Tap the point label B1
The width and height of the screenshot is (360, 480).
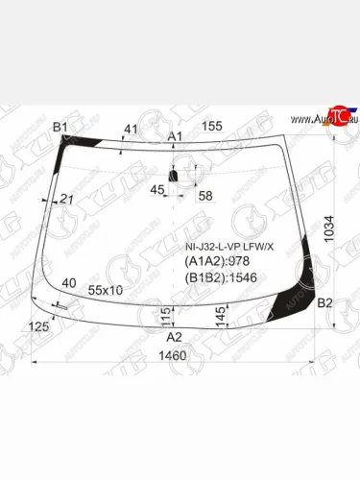coord(60,128)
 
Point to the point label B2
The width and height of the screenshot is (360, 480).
coord(324,303)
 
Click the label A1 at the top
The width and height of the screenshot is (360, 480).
coord(175,137)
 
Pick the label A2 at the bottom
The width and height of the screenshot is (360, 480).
coord(174,337)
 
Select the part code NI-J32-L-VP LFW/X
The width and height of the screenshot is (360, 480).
coord(228,247)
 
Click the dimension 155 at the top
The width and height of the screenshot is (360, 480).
coord(212,126)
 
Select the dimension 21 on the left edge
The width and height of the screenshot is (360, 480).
coord(66,199)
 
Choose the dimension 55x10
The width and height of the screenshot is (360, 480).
coord(105,290)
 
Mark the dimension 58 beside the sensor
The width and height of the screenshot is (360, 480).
coord(204,196)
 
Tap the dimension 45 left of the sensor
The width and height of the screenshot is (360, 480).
coord(157,189)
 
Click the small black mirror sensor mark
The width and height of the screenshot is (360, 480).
coord(174,177)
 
